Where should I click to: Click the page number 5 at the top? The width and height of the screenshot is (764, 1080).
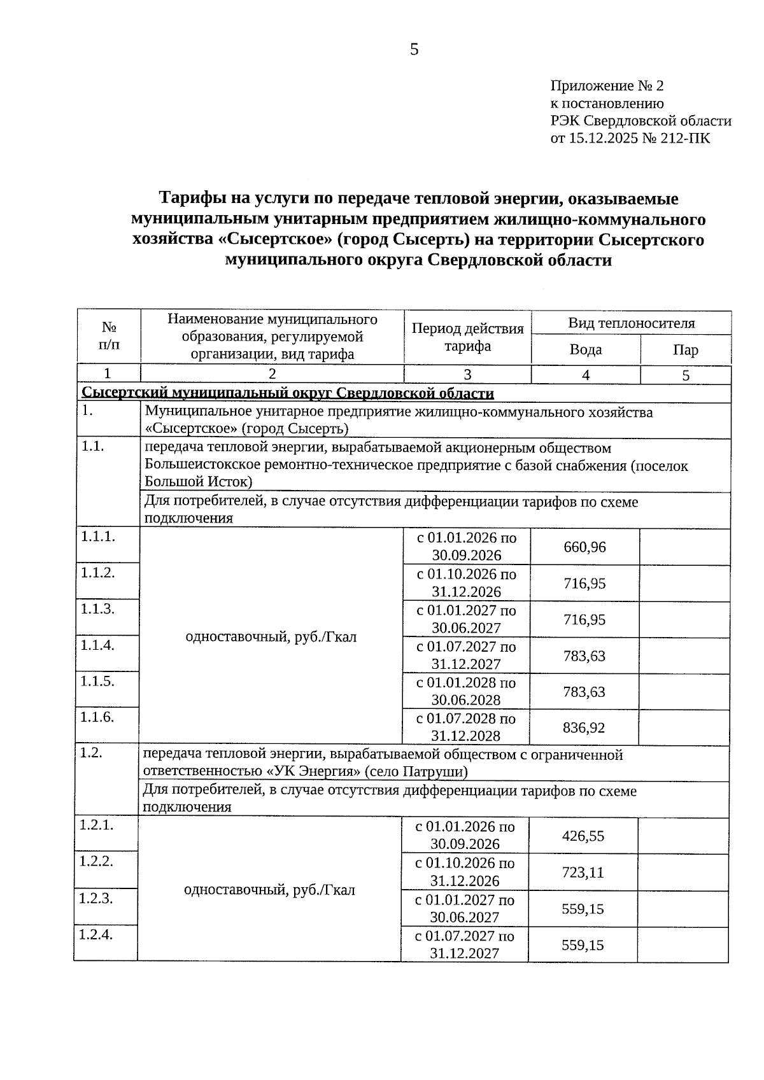tap(414, 50)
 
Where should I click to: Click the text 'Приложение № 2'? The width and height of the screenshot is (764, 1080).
tap(607, 86)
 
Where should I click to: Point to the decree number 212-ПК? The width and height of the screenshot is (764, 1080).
tap(685, 138)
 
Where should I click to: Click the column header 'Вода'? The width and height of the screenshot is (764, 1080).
tap(585, 350)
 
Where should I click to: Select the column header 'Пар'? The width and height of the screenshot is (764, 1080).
tap(685, 350)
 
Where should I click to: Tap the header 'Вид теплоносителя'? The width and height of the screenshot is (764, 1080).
tap(631, 323)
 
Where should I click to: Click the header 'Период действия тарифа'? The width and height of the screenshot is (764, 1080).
tap(467, 337)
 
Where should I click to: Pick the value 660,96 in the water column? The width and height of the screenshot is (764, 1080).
tap(584, 547)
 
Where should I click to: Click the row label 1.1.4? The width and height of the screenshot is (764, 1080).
tap(97, 645)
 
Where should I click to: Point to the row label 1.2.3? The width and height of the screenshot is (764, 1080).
tap(95, 899)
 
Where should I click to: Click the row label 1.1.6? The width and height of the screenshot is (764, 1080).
tap(97, 717)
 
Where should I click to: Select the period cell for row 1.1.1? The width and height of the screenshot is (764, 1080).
tap(467, 547)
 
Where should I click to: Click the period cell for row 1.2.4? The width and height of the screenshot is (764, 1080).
tap(465, 944)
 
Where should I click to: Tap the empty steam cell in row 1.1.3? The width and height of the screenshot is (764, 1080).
tap(684, 619)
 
